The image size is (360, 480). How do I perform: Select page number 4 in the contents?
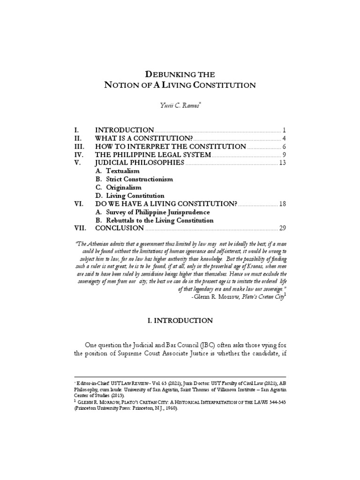[284, 138]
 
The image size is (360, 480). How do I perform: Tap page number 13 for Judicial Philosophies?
[282, 163]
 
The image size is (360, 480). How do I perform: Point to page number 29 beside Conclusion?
[282, 228]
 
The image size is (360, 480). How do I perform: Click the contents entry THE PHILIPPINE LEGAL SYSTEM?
[153, 155]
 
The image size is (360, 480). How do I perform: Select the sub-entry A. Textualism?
[117, 171]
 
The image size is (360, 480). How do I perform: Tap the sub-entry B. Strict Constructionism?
[134, 179]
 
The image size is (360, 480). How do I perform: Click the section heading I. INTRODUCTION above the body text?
[180, 321]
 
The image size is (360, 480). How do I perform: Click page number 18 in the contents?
[282, 204]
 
